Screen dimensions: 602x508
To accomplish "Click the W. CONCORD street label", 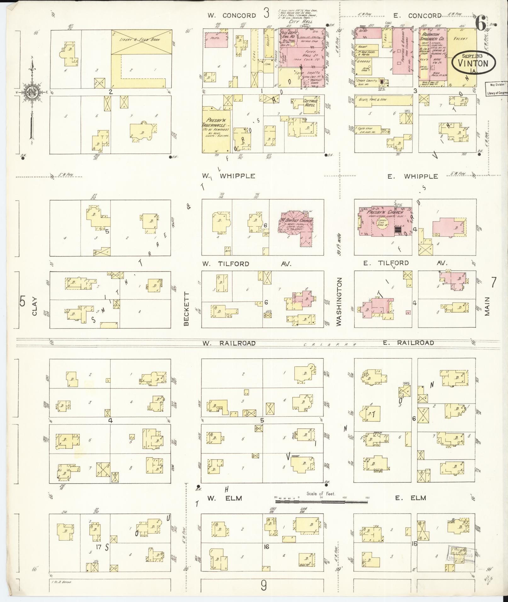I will pyautogui.click(x=231, y=15).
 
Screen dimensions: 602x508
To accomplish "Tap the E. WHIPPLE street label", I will pyautogui.click(x=413, y=177).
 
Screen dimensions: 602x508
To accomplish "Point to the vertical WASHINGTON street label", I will pyautogui.click(x=339, y=301).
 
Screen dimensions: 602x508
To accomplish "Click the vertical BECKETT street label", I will pyautogui.click(x=186, y=309).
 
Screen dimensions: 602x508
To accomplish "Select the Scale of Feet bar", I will pyautogui.click(x=321, y=501).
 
